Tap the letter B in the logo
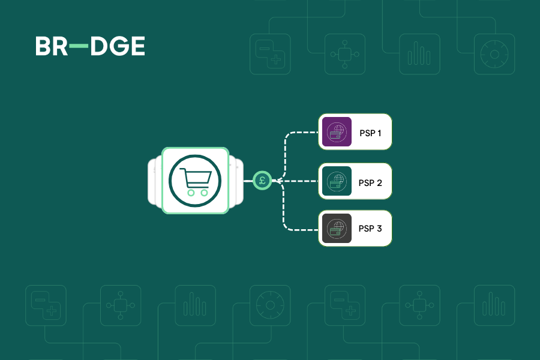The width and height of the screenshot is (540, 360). [44, 47]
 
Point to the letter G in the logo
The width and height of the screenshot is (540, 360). [119, 47]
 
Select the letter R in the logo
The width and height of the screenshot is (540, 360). [60, 47]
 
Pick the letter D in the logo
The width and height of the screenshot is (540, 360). [99, 47]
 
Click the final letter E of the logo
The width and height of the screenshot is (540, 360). [137, 47]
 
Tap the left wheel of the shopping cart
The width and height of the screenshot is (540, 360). [191, 193]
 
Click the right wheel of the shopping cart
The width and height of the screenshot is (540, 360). [204, 193]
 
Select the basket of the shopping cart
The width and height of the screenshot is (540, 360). [197, 178]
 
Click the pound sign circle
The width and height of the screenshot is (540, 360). [262, 180]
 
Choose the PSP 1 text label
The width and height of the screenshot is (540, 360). [370, 132]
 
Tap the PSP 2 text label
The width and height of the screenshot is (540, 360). [370, 181]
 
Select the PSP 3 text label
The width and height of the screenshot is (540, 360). [370, 229]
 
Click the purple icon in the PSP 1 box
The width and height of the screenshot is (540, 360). [337, 132]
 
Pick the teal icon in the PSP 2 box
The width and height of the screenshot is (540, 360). [337, 181]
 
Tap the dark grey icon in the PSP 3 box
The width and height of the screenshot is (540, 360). [337, 229]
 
